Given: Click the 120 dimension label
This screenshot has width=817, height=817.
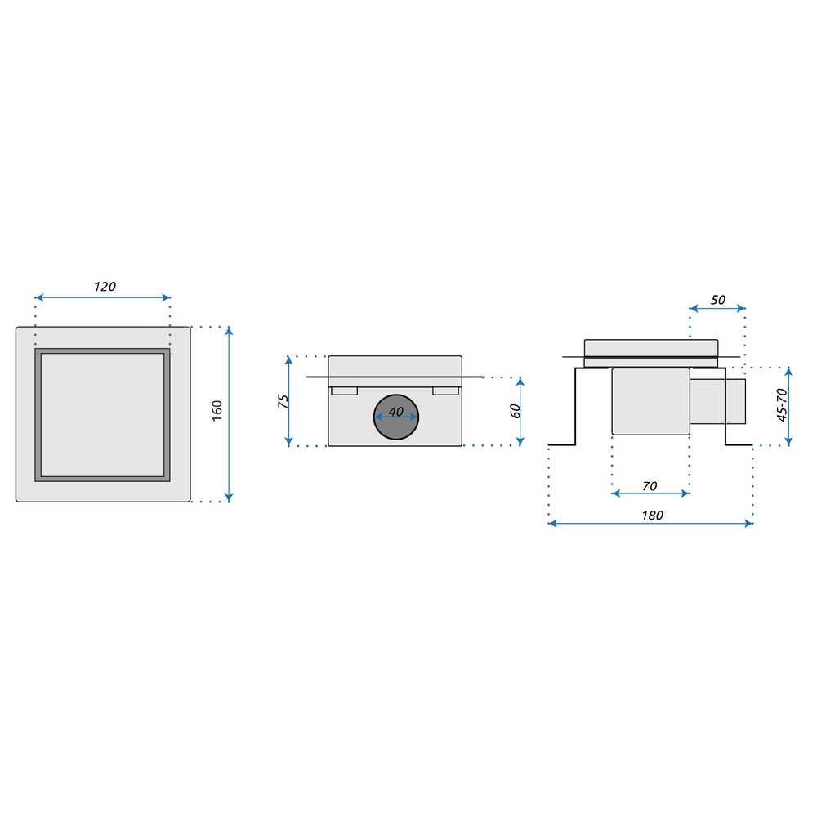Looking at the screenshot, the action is (105, 287).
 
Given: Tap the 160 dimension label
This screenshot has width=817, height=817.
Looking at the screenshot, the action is (217, 411).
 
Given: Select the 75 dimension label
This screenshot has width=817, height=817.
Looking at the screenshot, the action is (283, 401).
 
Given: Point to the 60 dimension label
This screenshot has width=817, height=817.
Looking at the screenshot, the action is (516, 411).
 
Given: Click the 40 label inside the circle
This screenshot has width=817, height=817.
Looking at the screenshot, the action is (396, 412).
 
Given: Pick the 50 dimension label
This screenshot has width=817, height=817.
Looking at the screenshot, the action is (718, 300).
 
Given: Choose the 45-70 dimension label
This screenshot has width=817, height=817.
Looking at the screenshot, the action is (782, 405).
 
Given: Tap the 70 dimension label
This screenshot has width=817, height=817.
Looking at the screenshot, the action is (650, 486).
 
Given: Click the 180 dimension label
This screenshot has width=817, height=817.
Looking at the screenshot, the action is (652, 516).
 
